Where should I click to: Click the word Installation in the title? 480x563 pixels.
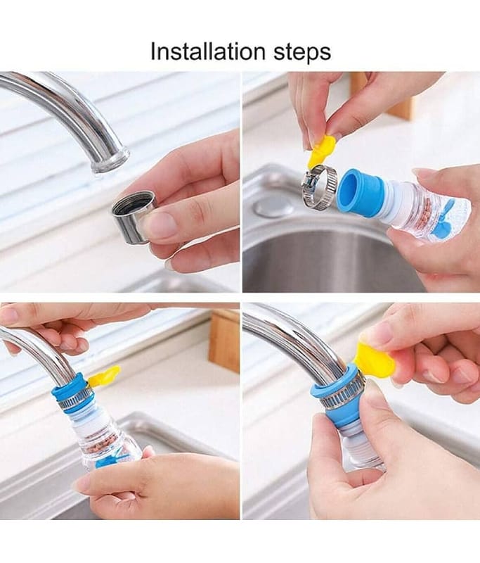click(209, 51)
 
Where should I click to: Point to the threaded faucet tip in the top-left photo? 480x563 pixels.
click(110, 159)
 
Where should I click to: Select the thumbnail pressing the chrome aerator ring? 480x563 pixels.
click(157, 223)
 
